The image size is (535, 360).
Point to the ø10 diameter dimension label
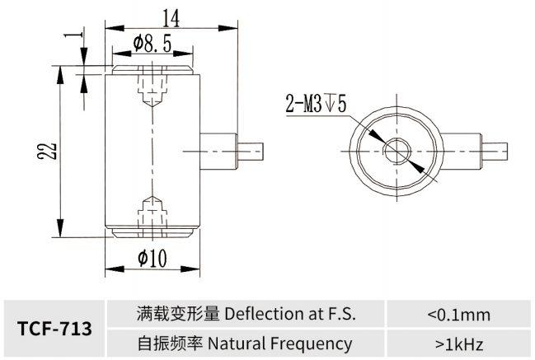click(153, 259)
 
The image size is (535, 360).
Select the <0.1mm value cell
click(459, 314)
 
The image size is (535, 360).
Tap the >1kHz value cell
click(459, 344)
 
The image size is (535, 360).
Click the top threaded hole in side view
click(151, 92)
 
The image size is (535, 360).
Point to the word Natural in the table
click(234, 344)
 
